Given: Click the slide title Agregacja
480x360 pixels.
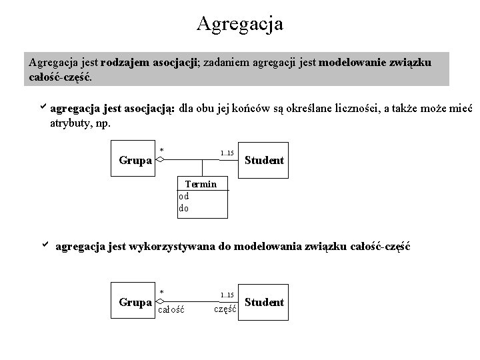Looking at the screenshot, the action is (240, 24).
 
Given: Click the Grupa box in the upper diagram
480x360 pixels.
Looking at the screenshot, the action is (135, 160).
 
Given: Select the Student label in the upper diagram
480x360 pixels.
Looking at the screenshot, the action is (265, 160).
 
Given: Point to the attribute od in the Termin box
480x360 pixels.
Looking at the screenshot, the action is (184, 196).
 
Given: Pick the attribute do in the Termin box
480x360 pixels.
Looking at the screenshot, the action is (184, 208).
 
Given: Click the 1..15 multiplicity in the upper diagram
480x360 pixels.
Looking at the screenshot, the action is (227, 153).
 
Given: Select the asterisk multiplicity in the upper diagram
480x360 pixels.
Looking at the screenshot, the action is (162, 150).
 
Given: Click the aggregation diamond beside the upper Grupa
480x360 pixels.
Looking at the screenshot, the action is (159, 160).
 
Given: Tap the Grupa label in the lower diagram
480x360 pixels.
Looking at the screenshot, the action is (135, 302).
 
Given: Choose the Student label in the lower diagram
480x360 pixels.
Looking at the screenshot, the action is (265, 302).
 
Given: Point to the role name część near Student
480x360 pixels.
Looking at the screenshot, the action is (226, 309).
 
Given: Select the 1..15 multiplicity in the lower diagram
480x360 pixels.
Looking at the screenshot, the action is (227, 295).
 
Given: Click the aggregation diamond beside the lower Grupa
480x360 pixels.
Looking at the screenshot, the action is (159, 301).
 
